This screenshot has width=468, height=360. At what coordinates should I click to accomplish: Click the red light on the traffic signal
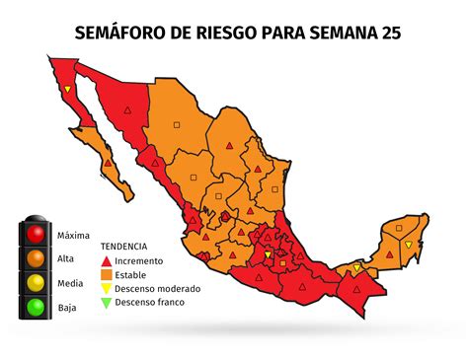37,235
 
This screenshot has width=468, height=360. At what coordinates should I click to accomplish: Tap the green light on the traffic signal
37,307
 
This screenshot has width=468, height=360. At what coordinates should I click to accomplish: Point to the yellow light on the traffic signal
37,283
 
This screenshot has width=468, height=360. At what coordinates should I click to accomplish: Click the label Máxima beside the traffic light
73,236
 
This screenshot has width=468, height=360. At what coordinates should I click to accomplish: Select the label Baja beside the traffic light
67,308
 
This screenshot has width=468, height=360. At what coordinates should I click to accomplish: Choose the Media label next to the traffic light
70,283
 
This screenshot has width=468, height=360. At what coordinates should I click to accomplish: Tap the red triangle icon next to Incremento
106,259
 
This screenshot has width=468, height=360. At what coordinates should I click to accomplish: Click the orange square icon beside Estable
106,274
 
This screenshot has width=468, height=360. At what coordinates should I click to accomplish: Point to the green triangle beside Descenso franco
106,303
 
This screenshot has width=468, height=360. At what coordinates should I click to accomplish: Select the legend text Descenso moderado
158,289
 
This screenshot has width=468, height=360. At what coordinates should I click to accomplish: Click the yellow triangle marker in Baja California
67,91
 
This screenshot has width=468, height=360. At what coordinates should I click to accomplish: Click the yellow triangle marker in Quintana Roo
407,243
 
